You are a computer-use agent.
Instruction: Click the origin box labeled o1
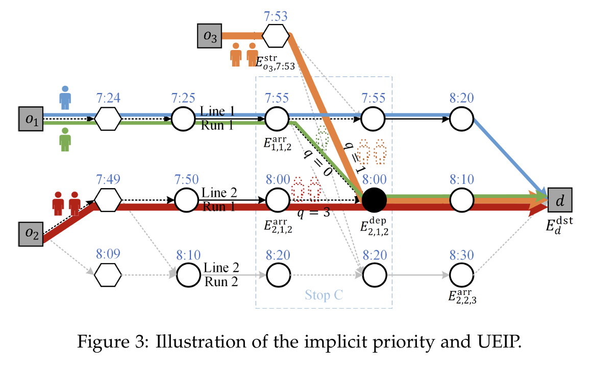(x=31, y=119)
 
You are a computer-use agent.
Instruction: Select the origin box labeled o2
(x=31, y=234)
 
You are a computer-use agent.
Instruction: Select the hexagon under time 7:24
(x=108, y=119)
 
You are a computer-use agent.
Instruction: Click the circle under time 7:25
(x=182, y=119)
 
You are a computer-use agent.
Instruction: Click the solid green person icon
(x=65, y=140)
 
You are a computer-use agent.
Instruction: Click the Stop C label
(x=324, y=295)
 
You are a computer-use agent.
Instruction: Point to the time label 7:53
(x=276, y=16)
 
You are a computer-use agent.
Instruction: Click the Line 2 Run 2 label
(x=221, y=275)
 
